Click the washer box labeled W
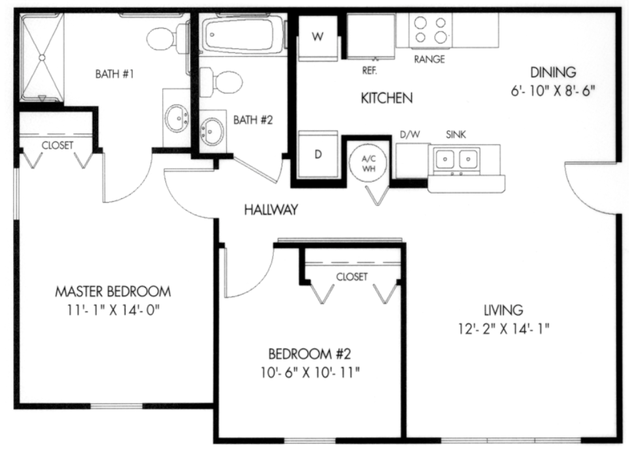318,38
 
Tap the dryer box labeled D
318,154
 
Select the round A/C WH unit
368,163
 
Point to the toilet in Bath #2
220,82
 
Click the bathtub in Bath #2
243,35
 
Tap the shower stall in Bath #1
42,58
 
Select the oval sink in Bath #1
176,118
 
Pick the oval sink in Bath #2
212,131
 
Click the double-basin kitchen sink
456,158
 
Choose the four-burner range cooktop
430,30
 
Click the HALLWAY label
271,209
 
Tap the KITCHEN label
386,98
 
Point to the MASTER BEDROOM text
113,291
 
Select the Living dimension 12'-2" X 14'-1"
503,329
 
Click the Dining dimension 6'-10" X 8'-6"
553,91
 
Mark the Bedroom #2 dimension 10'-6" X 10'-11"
310,372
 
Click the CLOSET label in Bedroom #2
352,277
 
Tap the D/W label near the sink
410,134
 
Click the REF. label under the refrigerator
369,71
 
